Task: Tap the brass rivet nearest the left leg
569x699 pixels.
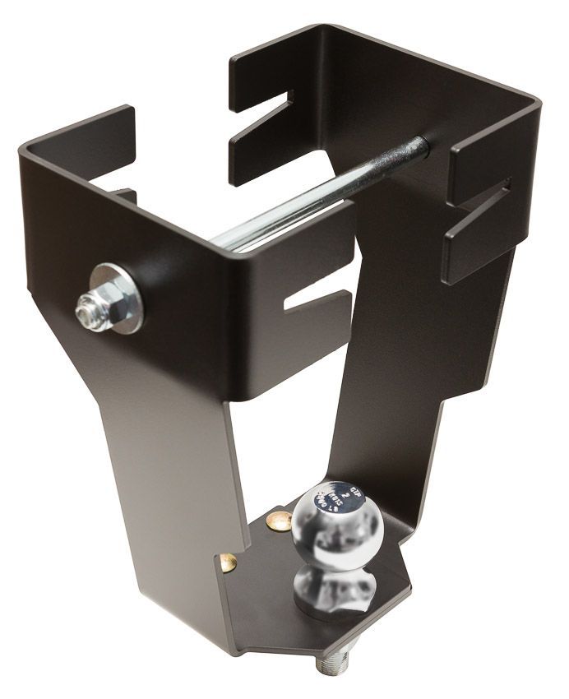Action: pyautogui.click(x=228, y=562)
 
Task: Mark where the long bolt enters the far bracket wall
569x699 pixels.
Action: pyautogui.click(x=421, y=149)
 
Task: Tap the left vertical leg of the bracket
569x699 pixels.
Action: pyautogui.click(x=164, y=461)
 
